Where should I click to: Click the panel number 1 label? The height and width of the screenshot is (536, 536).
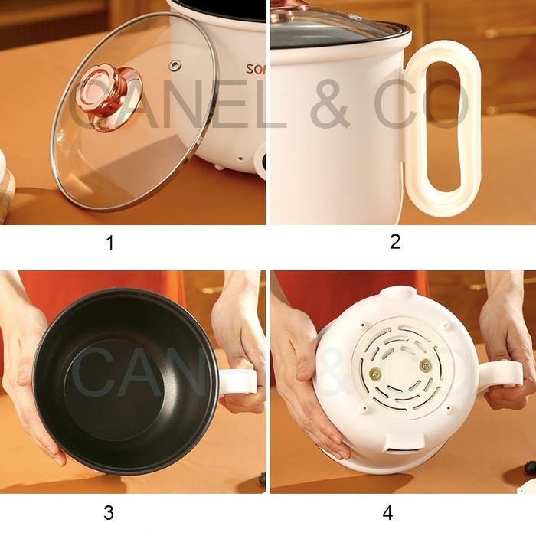(110, 243)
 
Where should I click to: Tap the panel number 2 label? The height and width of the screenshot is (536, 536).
(395, 241)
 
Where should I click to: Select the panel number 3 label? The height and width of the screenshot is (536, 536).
(109, 512)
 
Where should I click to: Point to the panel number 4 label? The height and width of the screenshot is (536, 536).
(387, 512)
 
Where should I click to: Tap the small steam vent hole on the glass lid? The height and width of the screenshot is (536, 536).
(175, 64)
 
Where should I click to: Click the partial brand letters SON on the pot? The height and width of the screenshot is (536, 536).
(255, 70)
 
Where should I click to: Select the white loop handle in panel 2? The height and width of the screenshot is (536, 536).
(443, 126)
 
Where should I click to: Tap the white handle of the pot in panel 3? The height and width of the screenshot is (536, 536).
(237, 381)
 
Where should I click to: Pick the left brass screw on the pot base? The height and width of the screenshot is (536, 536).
(376, 373)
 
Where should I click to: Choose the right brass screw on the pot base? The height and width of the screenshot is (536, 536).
(426, 366)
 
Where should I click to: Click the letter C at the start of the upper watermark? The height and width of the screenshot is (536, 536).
(89, 107)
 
